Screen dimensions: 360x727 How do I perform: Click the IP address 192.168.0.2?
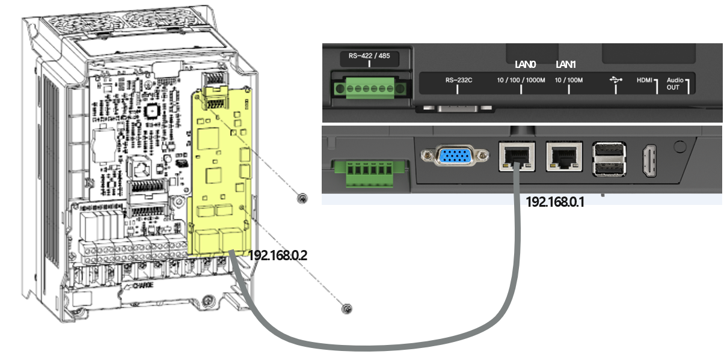click(278, 255)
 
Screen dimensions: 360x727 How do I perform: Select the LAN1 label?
click(565, 64)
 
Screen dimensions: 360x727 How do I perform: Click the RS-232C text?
click(456, 79)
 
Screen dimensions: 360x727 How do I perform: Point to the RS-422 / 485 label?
click(369, 56)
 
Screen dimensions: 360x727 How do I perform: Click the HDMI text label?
click(644, 80)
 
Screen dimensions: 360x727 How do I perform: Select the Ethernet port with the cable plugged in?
click(516, 157)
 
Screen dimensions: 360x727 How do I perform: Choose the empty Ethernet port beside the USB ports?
click(563, 157)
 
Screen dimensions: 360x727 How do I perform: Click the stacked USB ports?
click(609, 159)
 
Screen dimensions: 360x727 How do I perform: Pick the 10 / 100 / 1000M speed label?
click(521, 80)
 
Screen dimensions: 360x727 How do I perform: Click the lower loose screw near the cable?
click(346, 309)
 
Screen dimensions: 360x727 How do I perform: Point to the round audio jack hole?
click(679, 146)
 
